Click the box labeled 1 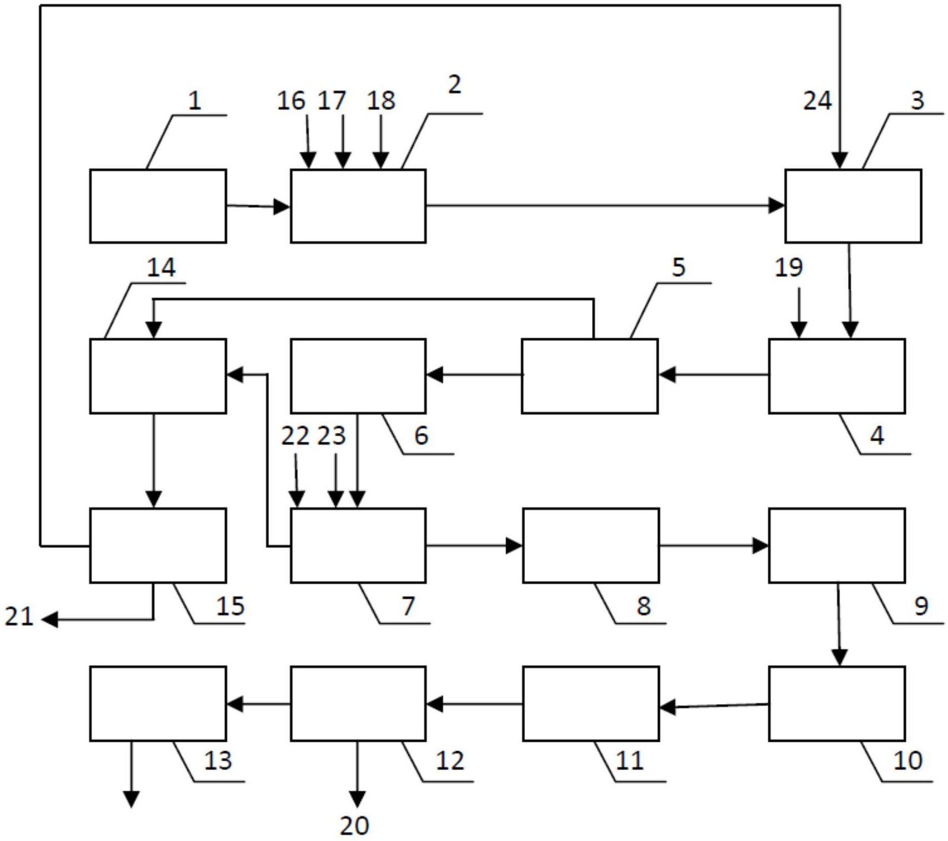158,206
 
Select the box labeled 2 358,206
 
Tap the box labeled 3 853,206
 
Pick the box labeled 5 590,376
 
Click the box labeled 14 158,376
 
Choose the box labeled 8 591,546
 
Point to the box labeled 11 591,704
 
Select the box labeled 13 158,704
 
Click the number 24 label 818,101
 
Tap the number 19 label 788,267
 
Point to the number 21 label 19,616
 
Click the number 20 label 354,826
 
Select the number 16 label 291,100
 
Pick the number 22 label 295,436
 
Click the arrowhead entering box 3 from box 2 777,206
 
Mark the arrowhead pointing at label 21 50,619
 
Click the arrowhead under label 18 380,160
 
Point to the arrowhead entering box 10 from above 840,657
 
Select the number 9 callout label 921,606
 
